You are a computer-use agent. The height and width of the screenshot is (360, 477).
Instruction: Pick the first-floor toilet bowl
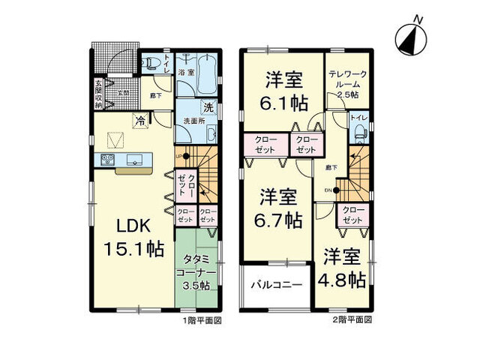(x=149, y=63)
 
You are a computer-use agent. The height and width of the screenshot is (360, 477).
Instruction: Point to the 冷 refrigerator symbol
(x=139, y=118)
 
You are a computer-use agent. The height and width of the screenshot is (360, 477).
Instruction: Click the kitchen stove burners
(x=106, y=159)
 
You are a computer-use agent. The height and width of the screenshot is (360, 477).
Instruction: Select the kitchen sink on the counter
(x=136, y=159)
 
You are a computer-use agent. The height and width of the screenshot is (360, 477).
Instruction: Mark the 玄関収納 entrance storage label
(x=97, y=94)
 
